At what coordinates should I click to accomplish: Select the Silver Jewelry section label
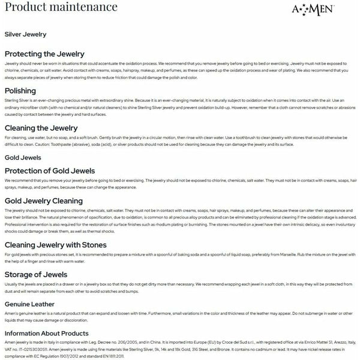tap(25, 35)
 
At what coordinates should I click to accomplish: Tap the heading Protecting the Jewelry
tap(44, 54)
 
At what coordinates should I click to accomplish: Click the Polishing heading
tap(20, 90)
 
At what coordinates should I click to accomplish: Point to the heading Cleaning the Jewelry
tap(41, 128)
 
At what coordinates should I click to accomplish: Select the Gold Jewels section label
tap(22, 158)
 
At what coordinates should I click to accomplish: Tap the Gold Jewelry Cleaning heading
tap(44, 201)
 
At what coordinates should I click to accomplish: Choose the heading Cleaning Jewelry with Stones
tap(55, 245)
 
